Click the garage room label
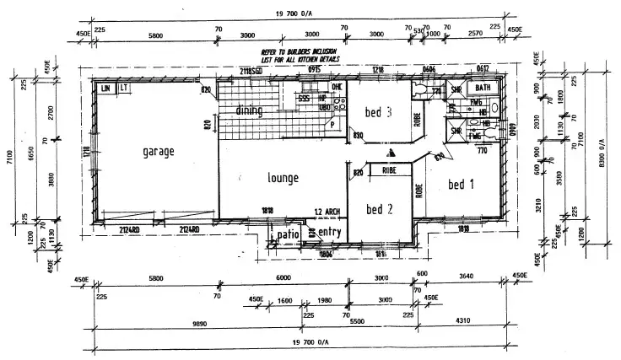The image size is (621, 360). pos(158,152)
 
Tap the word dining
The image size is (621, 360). pos(249,110)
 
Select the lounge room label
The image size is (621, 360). pos(283,178)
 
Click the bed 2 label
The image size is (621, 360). pos(379,209)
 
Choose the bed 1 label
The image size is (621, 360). pos(462,185)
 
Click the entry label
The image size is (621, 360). pos(331,232)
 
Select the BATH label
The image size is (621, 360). pos(483,88)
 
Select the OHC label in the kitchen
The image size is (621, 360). pos(336,86)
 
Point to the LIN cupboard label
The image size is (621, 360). pos(106,88)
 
